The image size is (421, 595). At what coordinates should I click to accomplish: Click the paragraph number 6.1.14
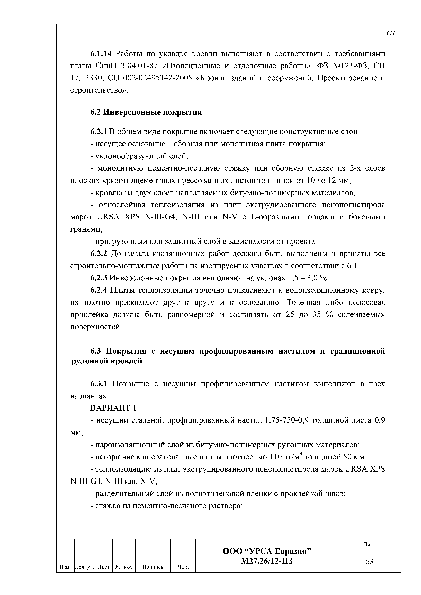(x=101, y=54)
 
